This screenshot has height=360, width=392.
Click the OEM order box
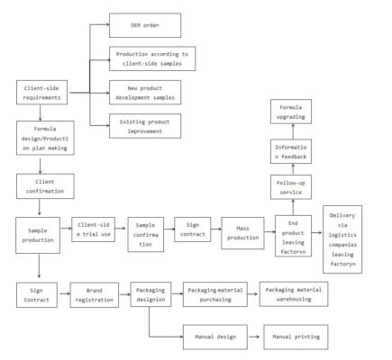[x=145, y=25]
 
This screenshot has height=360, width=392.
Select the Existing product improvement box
[x=145, y=126]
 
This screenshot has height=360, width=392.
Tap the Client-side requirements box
[x=41, y=93]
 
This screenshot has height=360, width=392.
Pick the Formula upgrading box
[x=291, y=112]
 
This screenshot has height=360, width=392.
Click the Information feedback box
[x=291, y=151]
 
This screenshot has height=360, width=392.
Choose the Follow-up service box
[x=291, y=187]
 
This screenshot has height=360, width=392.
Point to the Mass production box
[x=242, y=233]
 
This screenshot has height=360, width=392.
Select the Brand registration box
[x=95, y=295]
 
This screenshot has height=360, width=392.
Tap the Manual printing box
[x=296, y=337]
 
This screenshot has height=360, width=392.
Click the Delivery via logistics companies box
[x=342, y=239]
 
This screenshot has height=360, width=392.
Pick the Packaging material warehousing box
[x=294, y=294]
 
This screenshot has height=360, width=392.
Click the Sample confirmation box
[x=146, y=235]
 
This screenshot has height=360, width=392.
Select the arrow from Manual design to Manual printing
[x=254, y=337]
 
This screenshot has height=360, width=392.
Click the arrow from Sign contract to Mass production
[x=216, y=229]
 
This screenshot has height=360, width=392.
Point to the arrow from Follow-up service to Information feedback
[x=293, y=169]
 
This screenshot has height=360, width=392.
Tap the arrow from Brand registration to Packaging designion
[x=124, y=294]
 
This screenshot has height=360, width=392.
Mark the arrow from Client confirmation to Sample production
[x=40, y=207]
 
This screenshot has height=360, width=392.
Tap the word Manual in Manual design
[x=204, y=337]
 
